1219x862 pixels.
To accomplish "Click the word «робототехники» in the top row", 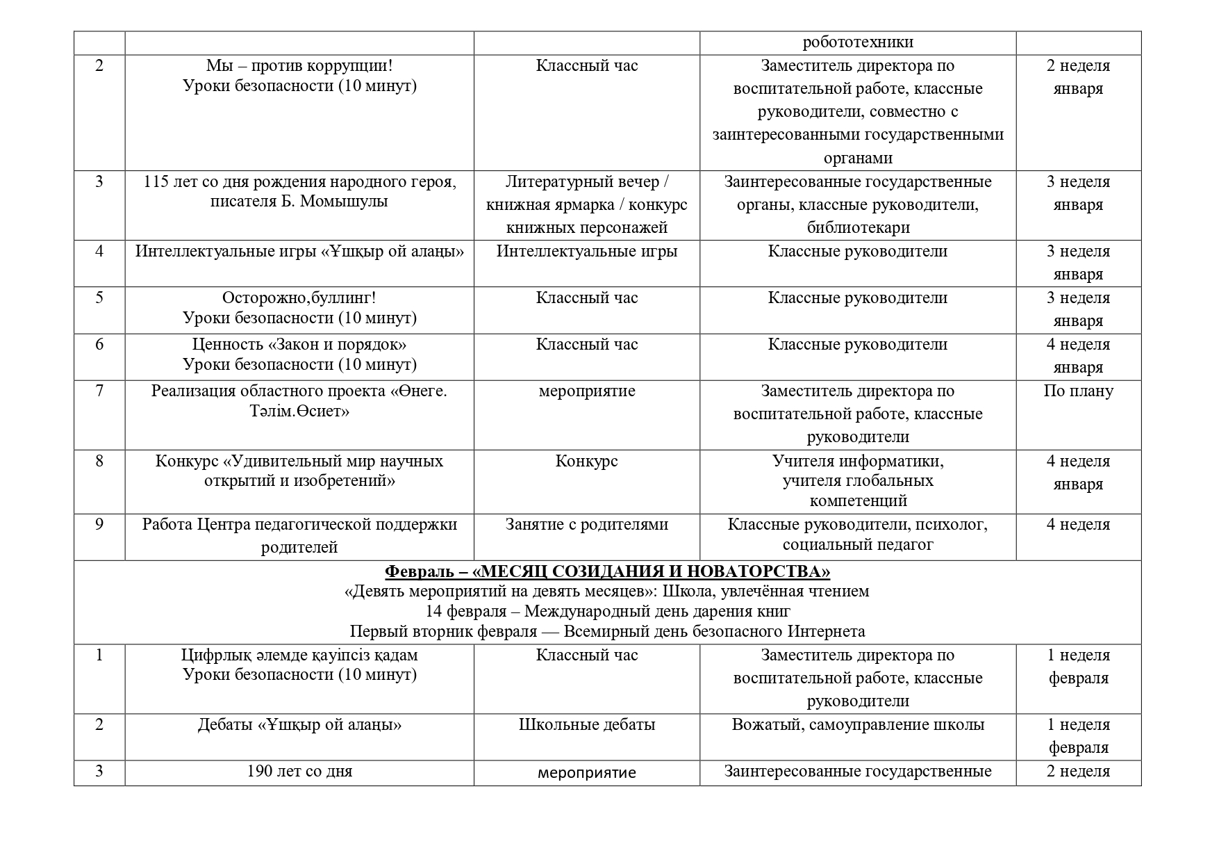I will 857,42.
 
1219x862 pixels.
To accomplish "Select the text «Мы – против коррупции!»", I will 299,66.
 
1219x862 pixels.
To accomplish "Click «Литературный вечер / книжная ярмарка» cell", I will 586,194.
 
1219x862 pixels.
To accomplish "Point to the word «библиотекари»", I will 858,228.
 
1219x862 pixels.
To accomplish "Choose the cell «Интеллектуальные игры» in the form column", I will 586,252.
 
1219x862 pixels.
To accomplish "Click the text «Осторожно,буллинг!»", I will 299,298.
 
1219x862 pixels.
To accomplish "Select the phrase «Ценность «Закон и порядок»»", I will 299,345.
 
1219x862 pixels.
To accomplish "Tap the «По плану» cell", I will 1078,391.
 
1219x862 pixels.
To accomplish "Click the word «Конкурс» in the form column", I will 586,462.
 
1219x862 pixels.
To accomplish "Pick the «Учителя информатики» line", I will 858,462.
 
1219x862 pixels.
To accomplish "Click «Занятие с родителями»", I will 586,525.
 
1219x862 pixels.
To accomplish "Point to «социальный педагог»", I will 858,546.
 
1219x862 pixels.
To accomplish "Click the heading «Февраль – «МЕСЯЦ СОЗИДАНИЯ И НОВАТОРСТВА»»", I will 607,571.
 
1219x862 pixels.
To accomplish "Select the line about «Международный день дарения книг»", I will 607,612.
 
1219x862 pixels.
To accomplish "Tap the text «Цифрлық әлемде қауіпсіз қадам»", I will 299,656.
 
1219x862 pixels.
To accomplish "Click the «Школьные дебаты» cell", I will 586,725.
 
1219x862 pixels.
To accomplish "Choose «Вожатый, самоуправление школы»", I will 858,725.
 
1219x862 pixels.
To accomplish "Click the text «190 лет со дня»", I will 299,772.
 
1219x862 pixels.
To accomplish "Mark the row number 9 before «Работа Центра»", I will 99,525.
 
